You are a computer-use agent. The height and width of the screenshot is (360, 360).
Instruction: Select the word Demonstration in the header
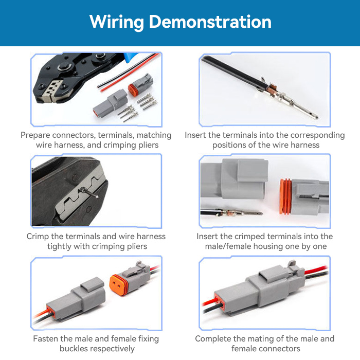tap(210, 22)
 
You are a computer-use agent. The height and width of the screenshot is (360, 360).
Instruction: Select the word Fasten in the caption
tap(47, 339)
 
